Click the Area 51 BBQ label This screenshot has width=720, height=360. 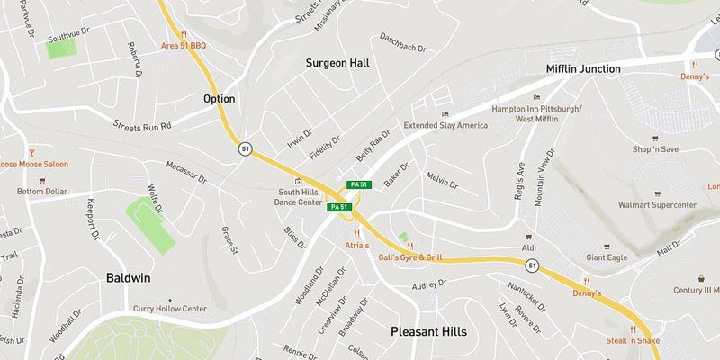click(183, 44)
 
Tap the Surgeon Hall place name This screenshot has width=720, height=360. click(337, 63)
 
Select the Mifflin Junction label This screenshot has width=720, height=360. click(584, 68)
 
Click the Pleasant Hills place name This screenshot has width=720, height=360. click(429, 331)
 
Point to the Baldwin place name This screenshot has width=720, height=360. click(127, 278)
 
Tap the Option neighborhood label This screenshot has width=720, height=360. click(219, 99)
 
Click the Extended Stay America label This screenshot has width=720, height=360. click(451, 125)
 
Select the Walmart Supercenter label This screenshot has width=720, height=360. click(657, 205)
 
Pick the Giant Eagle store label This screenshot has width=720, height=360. click(607, 257)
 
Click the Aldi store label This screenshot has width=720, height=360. click(528, 247)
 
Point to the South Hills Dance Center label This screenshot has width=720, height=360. click(298, 197)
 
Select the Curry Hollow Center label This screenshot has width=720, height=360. click(170, 309)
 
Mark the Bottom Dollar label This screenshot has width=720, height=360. click(42, 192)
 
